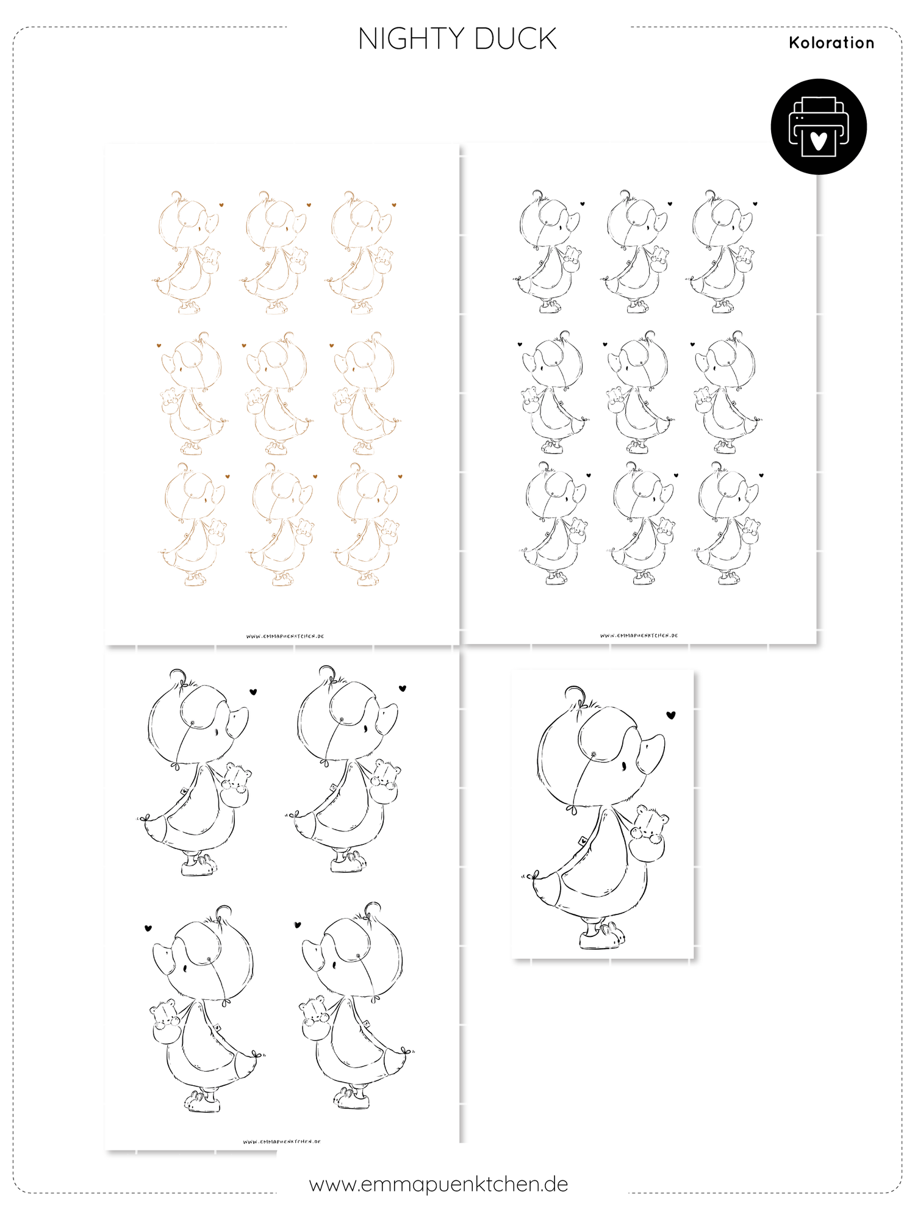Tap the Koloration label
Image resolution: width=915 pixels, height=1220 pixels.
pyautogui.click(x=831, y=43)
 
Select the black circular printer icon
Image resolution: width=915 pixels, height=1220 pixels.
pyautogui.click(x=819, y=126)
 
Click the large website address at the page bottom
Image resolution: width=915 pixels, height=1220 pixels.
pyautogui.click(x=439, y=1184)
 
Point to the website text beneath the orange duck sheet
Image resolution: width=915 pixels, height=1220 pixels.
pyautogui.click(x=285, y=636)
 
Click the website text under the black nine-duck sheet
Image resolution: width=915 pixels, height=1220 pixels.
pyautogui.click(x=639, y=636)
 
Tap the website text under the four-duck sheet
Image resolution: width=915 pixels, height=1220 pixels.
pyautogui.click(x=282, y=1141)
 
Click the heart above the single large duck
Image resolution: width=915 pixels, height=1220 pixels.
pyautogui.click(x=671, y=715)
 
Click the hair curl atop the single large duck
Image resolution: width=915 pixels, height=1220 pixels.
pyautogui.click(x=576, y=696)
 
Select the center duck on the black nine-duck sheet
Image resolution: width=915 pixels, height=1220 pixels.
pyautogui.click(x=639, y=392)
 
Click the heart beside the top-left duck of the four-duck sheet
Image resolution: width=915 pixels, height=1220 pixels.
pyautogui.click(x=253, y=692)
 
